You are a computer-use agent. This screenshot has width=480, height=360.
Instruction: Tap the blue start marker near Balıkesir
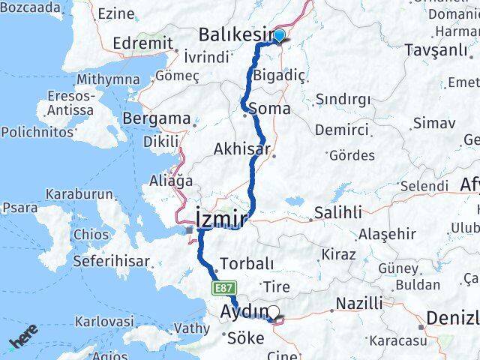pos(279,35)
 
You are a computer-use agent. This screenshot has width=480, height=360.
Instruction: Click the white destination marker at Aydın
pos(273,313)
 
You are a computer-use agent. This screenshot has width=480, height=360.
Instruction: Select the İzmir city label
pos(220,219)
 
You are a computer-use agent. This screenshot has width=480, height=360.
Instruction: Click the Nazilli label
pos(358,303)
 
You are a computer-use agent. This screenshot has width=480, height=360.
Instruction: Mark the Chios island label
pos(91,234)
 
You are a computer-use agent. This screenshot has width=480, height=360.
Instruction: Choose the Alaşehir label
pos(387,234)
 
